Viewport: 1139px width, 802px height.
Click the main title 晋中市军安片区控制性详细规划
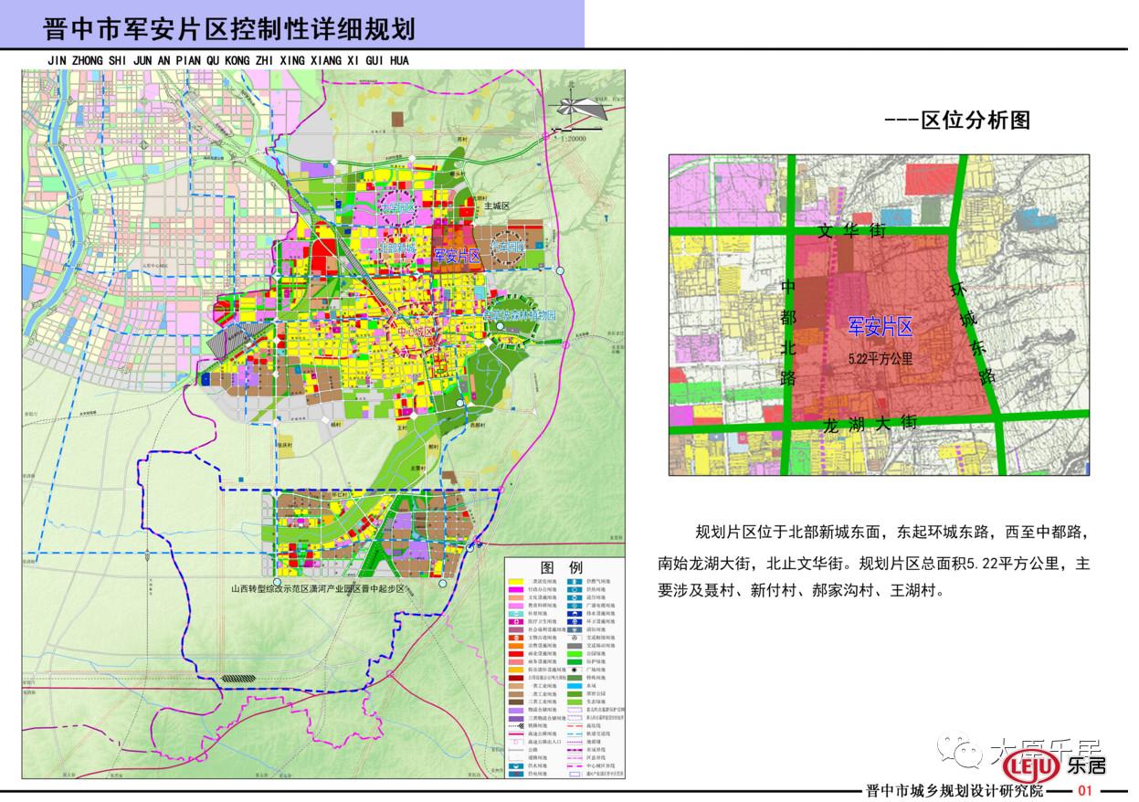tap(229, 28)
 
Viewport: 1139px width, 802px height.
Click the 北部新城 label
tap(395, 248)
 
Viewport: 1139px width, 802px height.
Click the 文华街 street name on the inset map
tap(851, 232)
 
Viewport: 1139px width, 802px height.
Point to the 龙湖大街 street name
tap(870, 423)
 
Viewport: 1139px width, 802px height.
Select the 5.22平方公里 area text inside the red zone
tap(879, 359)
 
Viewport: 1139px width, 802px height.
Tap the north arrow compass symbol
tap(584, 107)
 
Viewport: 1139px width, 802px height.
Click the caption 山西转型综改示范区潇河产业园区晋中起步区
tap(332, 589)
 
